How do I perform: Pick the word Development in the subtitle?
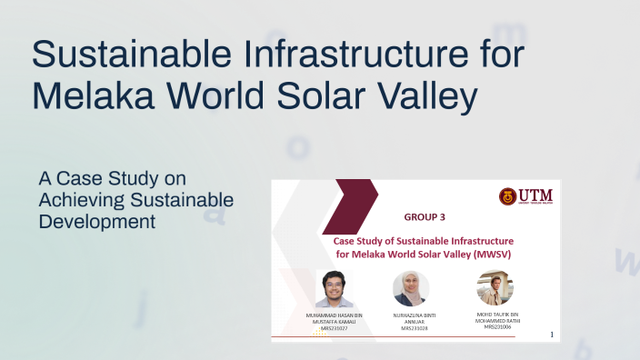(97, 221)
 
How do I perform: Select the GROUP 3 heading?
(425, 217)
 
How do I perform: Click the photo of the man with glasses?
(334, 289)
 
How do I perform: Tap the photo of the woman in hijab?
(410, 289)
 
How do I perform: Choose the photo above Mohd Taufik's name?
(495, 288)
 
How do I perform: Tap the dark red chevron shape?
(355, 205)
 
